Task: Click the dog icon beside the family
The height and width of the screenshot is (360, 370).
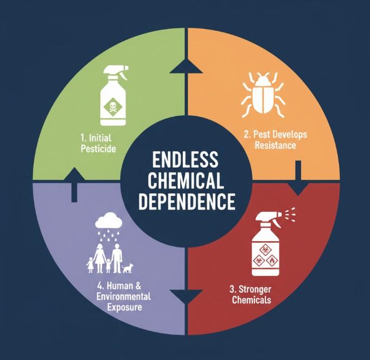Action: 127,267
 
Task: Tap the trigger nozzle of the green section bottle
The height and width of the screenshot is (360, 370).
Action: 117,70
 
